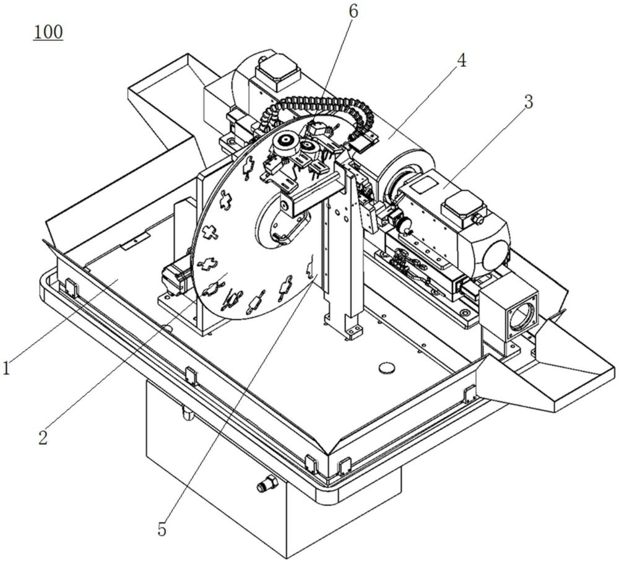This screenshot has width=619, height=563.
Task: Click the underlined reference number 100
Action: (48, 32)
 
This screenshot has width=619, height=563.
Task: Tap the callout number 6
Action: (353, 11)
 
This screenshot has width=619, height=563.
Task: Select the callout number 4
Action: (461, 62)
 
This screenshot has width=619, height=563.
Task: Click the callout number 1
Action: (6, 369)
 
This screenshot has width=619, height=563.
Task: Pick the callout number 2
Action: (43, 437)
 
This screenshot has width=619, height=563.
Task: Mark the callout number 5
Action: (162, 530)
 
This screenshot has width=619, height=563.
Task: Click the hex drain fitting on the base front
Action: (267, 484)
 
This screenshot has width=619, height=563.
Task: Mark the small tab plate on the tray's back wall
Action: (136, 241)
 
